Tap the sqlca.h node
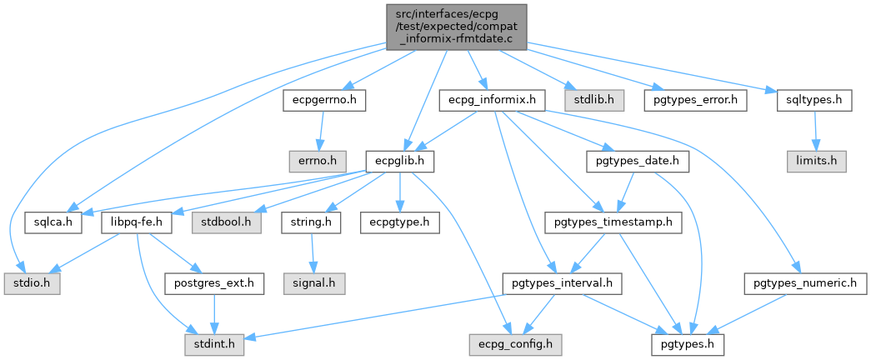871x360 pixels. pyautogui.click(x=52, y=222)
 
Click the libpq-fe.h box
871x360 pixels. pyautogui.click(x=136, y=222)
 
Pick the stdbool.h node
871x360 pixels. pyautogui.click(x=225, y=222)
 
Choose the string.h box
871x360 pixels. pyautogui.click(x=310, y=222)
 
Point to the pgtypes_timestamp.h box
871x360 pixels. pyautogui.click(x=613, y=222)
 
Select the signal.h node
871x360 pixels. pyautogui.click(x=315, y=283)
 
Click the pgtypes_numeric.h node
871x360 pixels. pyautogui.click(x=804, y=283)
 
